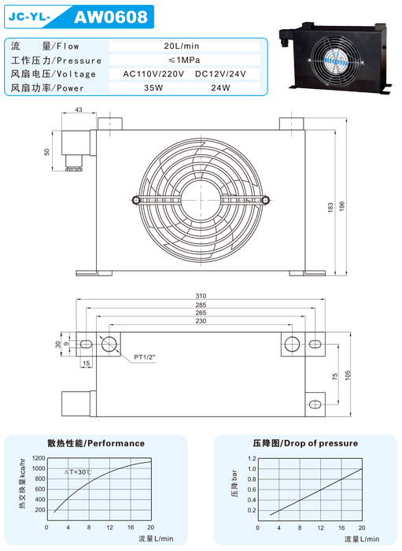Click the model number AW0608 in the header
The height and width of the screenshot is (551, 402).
(x=111, y=17)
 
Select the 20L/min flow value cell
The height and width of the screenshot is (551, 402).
(x=182, y=46)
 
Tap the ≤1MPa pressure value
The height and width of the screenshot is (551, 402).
(x=184, y=60)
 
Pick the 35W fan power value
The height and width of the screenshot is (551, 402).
(x=153, y=88)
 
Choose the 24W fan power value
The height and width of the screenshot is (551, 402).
(x=220, y=88)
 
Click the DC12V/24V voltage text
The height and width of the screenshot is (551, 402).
(x=220, y=74)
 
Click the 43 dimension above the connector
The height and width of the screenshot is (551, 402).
(x=79, y=109)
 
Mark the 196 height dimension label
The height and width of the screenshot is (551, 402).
(x=342, y=206)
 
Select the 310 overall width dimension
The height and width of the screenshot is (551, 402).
(x=201, y=296)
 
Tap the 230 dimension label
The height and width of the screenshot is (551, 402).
(x=201, y=321)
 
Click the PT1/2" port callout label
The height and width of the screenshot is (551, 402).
(x=144, y=357)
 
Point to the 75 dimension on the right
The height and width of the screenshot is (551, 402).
(x=334, y=376)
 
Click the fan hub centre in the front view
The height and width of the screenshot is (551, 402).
(x=201, y=200)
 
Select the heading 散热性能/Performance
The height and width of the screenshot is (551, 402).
(x=96, y=443)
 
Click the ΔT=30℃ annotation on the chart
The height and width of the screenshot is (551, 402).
(x=78, y=472)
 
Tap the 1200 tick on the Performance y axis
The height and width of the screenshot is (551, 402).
(x=39, y=458)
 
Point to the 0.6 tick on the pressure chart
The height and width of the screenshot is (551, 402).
(x=252, y=490)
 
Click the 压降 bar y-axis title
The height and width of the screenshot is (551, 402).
(x=234, y=483)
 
